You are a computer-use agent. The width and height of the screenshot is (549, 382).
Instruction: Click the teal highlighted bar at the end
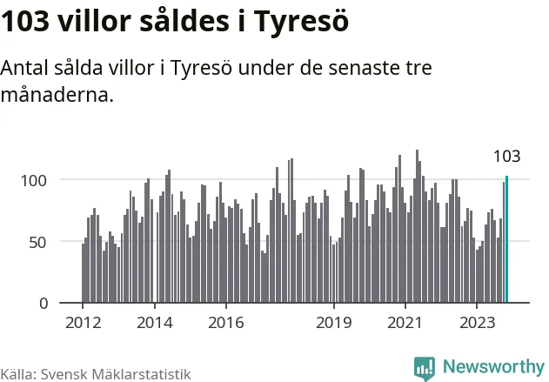coord(506,239)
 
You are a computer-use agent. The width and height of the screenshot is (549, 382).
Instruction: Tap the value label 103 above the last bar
coord(506,157)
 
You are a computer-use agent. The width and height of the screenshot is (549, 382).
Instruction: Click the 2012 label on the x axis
coord(84,322)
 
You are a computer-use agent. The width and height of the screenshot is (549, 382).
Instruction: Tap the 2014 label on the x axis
coord(155,322)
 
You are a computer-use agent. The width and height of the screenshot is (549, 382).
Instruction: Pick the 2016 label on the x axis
coord(226,322)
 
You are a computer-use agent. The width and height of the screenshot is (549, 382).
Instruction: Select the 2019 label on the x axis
coord(334,322)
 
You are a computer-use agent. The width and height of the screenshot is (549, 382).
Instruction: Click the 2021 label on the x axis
coord(405,322)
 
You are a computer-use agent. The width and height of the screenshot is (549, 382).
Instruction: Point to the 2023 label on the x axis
coord(477,322)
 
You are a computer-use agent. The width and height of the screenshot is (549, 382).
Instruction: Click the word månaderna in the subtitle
coord(57,96)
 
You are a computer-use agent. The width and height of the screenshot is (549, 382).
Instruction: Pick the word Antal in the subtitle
coord(24,69)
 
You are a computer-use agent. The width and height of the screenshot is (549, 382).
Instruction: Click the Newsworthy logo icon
coord(425,368)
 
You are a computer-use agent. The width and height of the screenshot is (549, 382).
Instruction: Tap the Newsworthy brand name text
coord(492,366)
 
